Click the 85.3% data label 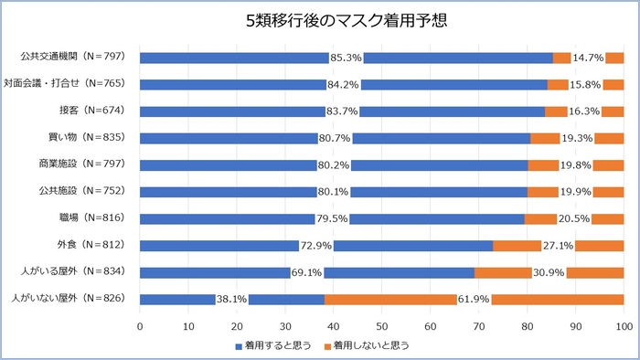click(346, 58)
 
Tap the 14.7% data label click(588, 58)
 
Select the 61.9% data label click(474, 299)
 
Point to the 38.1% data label click(231, 299)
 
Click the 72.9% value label click(315, 246)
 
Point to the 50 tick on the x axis click(382, 325)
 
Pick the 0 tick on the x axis click(140, 325)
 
